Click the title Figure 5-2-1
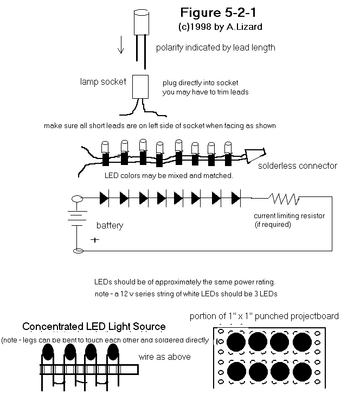click(x=218, y=12)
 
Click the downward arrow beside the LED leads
click(x=121, y=45)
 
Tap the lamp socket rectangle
click(x=140, y=87)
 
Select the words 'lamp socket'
click(x=103, y=81)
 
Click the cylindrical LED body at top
click(x=142, y=22)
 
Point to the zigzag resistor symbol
click(x=285, y=199)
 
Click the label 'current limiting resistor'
click(x=289, y=215)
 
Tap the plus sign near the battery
click(x=95, y=240)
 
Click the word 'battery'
click(x=110, y=225)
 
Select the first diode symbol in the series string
click(x=104, y=198)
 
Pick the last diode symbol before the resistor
click(x=236, y=198)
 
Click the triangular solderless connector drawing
click(x=255, y=155)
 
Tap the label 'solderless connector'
click(x=298, y=166)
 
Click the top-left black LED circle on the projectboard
click(x=236, y=342)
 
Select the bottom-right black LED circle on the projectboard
click(x=303, y=372)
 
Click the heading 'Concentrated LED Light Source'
click(x=94, y=326)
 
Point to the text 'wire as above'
click(x=164, y=357)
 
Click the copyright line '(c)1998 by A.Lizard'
click(x=220, y=27)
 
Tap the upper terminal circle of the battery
click(x=77, y=199)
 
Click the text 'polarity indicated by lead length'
click(x=216, y=48)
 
